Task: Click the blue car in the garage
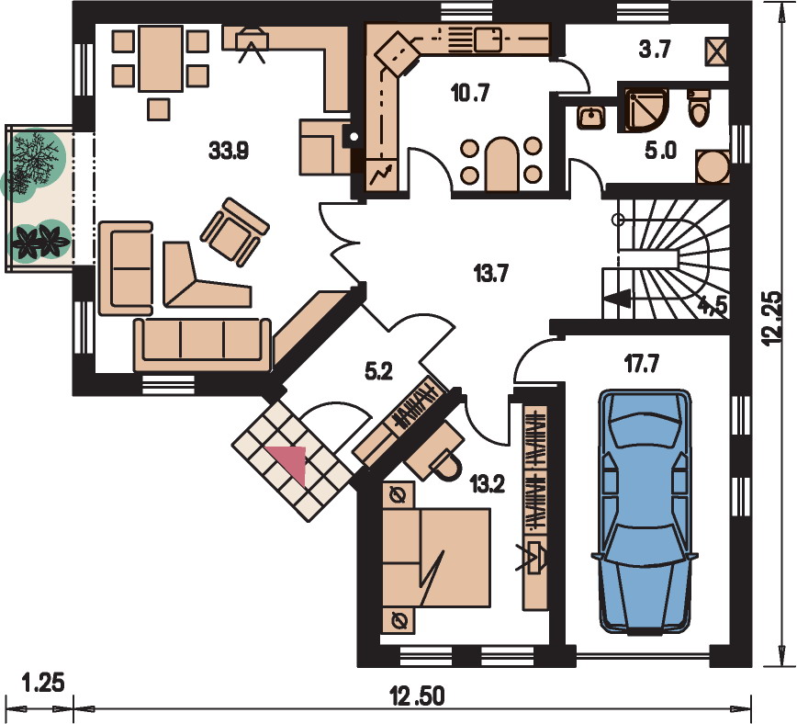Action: [x=644, y=512]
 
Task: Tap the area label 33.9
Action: [x=229, y=151]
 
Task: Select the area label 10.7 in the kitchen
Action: [x=470, y=93]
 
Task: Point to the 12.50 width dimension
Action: [x=417, y=696]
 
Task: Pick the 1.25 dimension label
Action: [x=43, y=683]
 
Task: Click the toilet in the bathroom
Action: [x=699, y=107]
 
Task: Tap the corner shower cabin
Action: [x=644, y=110]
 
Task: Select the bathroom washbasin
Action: [x=590, y=117]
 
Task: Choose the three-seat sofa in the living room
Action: [x=202, y=345]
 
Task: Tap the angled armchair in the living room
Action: [x=235, y=232]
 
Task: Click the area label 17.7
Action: [x=642, y=364]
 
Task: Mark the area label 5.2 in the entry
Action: [x=378, y=372]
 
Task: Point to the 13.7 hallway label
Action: [x=491, y=274]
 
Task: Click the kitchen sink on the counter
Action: [x=488, y=40]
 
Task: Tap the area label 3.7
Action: [x=654, y=50]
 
